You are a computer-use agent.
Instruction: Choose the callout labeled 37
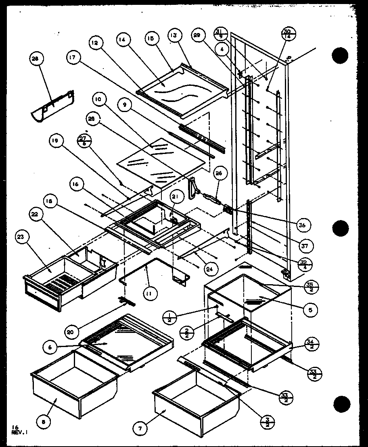pos(306,245)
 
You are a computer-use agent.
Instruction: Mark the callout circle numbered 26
pos(220,174)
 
